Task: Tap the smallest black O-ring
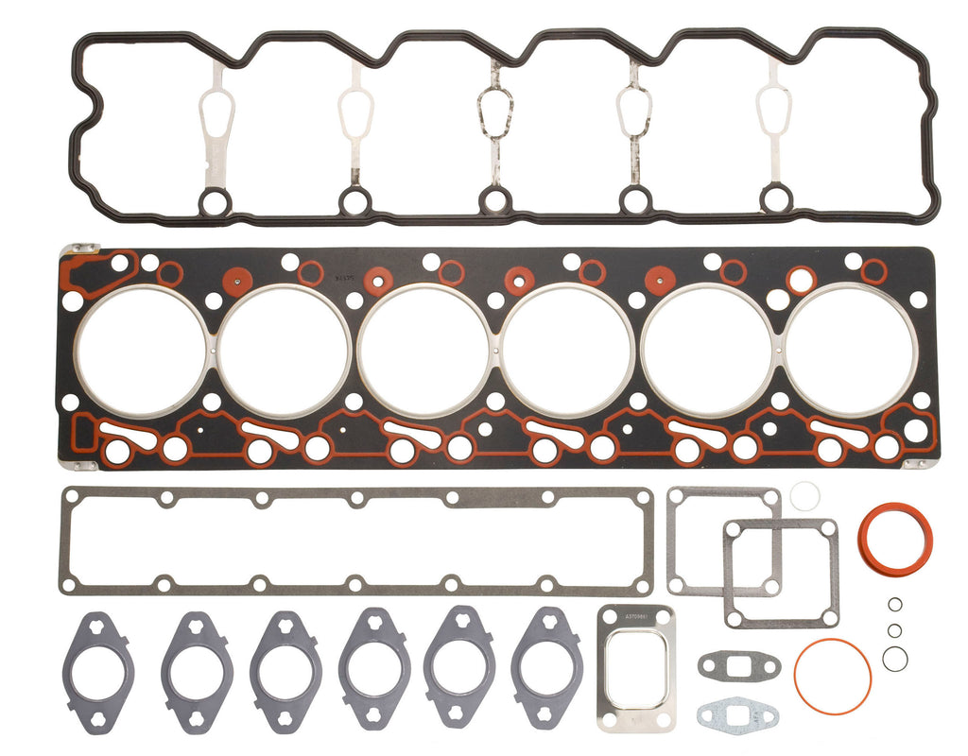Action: click(894, 605)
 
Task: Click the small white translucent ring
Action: click(804, 495)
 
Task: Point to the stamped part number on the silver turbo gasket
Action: click(635, 617)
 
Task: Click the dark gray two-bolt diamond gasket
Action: click(739, 666)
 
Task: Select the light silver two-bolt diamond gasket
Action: click(737, 713)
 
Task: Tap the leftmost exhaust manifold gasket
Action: click(97, 673)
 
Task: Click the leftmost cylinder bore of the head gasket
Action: click(142, 351)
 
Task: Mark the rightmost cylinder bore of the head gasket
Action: click(850, 351)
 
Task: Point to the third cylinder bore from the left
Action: click(424, 351)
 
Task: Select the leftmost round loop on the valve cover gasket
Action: click(216, 200)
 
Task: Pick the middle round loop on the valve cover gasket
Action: click(494, 200)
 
